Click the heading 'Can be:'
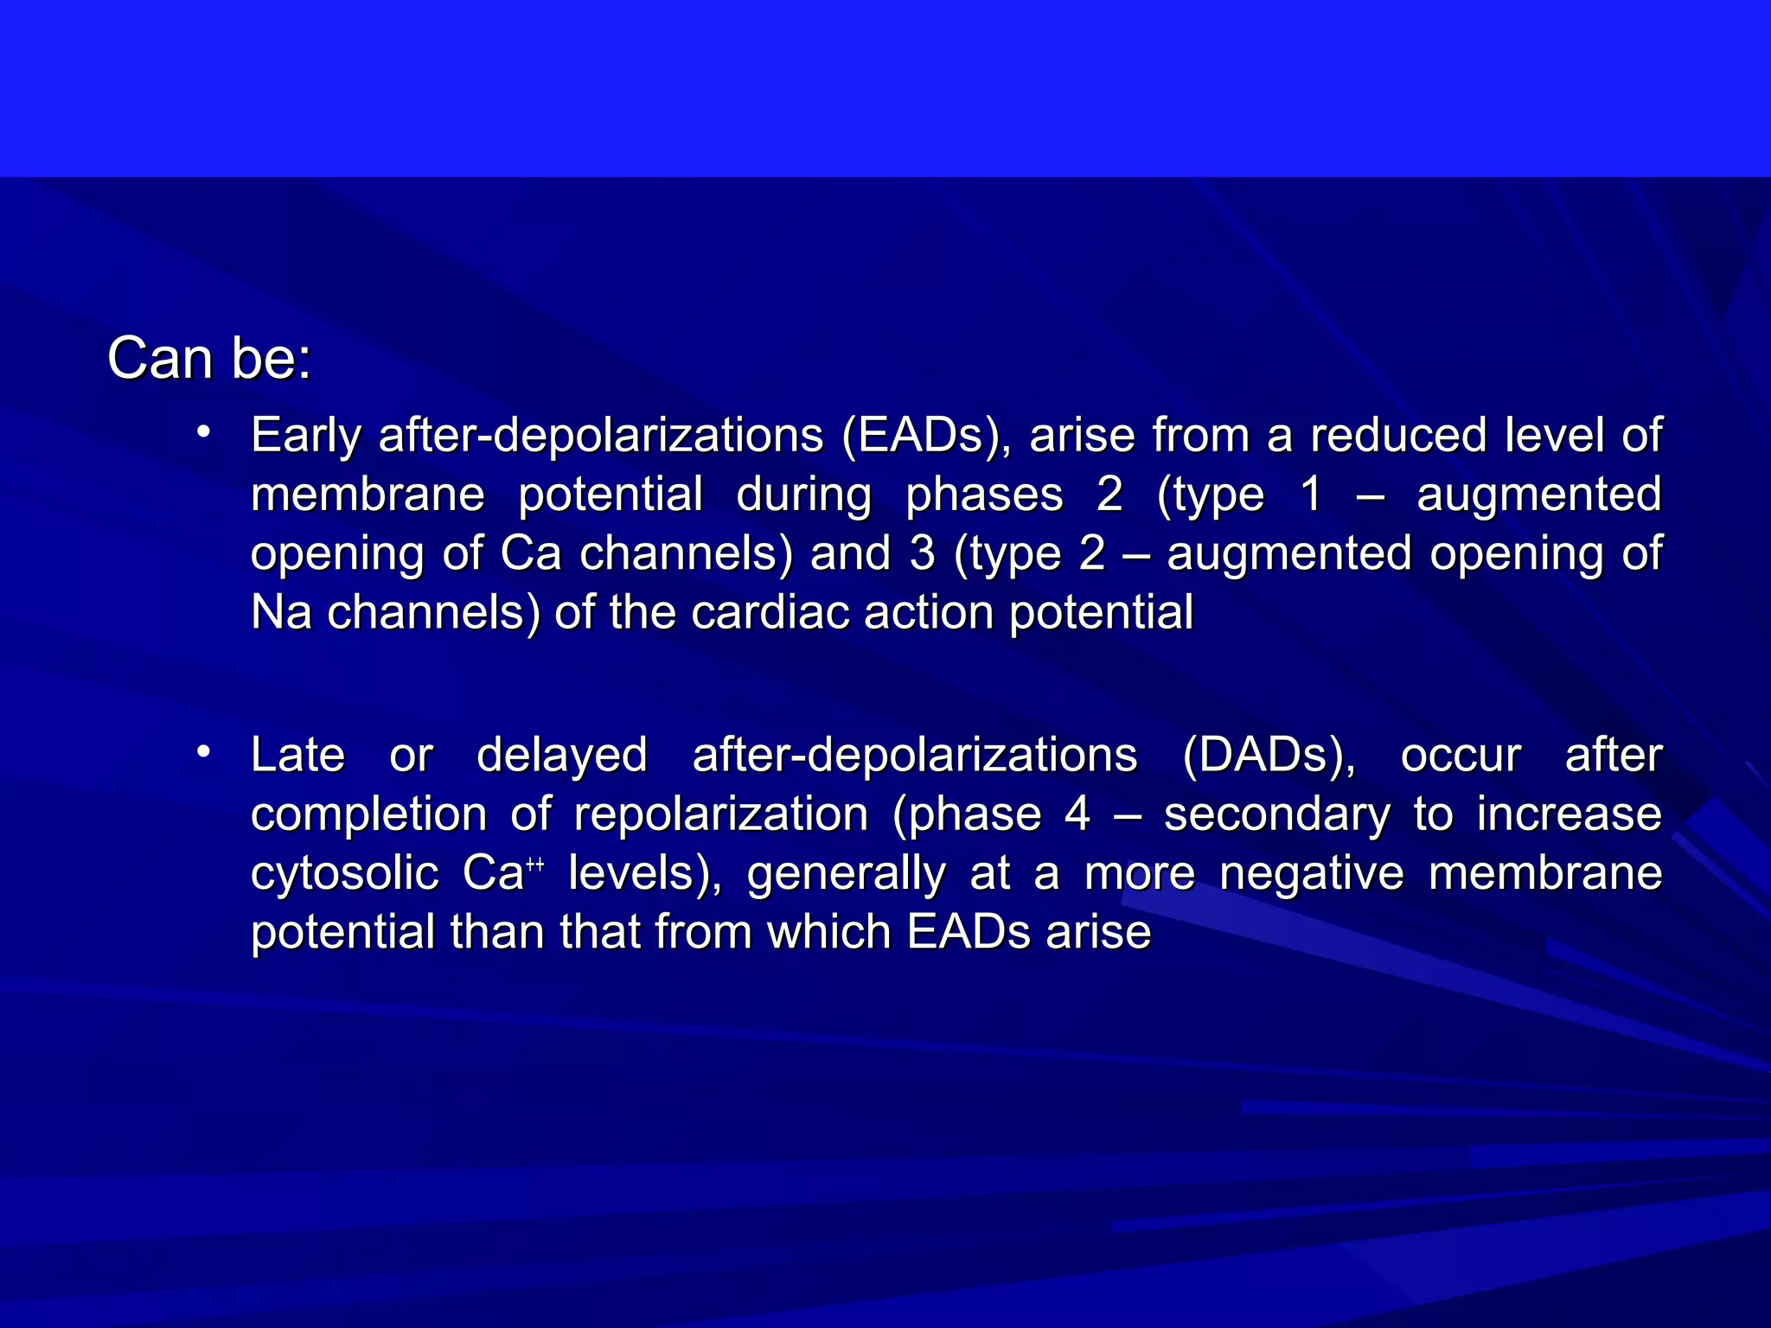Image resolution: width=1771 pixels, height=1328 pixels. click(x=208, y=358)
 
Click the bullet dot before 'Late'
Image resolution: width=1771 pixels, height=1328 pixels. click(x=203, y=751)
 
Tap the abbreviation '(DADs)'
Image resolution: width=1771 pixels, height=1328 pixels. click(x=1269, y=756)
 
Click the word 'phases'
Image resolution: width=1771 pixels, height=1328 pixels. click(x=984, y=495)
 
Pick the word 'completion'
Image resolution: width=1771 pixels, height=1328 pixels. click(x=369, y=815)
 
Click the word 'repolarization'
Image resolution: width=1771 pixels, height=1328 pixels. click(x=721, y=815)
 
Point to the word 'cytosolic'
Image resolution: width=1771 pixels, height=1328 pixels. click(x=345, y=874)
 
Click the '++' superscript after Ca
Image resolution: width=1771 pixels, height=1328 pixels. click(x=534, y=864)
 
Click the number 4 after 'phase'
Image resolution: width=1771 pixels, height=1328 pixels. click(x=1077, y=814)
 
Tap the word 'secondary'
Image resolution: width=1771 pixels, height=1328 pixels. click(x=1277, y=815)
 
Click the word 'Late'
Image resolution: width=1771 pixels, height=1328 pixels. click(x=297, y=755)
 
